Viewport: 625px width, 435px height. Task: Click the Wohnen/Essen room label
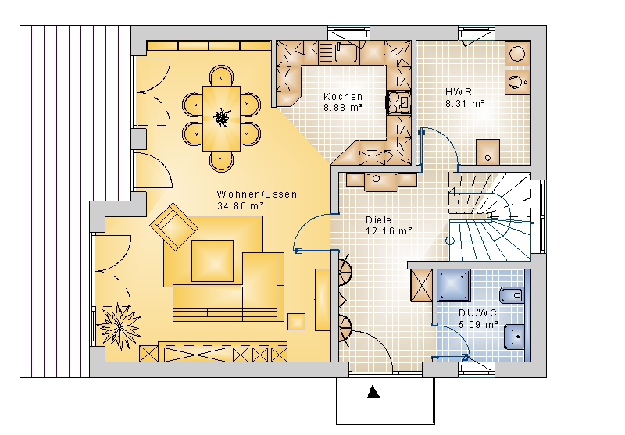click(x=257, y=194)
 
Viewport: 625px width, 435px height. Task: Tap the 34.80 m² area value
click(x=241, y=206)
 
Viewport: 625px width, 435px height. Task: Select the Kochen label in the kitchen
click(x=343, y=96)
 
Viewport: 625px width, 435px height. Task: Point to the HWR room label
click(x=459, y=92)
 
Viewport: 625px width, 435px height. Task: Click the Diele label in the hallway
click(x=378, y=220)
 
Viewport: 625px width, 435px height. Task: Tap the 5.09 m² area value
click(x=478, y=324)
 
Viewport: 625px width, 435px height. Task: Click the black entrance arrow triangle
click(x=373, y=392)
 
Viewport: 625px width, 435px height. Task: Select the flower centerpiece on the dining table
click(x=221, y=117)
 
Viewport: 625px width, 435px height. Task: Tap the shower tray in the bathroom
click(x=454, y=285)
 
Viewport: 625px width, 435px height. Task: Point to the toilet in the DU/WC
click(x=512, y=295)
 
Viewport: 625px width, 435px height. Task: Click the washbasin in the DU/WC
click(x=514, y=337)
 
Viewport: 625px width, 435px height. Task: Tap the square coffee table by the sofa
click(x=212, y=261)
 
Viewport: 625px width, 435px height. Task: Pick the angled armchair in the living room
click(x=173, y=226)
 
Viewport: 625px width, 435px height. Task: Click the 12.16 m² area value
click(x=388, y=230)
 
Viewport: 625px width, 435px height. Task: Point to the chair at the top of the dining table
click(x=221, y=76)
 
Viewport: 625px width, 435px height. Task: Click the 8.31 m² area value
click(x=465, y=104)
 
